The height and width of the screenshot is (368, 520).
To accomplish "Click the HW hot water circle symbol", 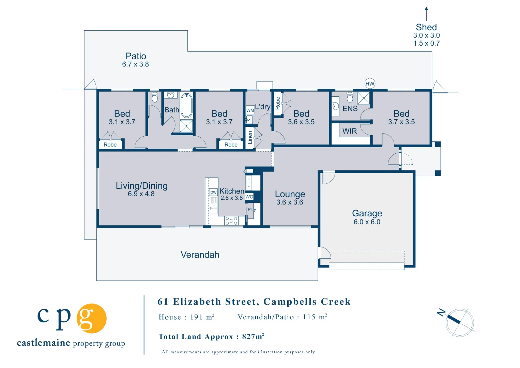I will click(x=370, y=83).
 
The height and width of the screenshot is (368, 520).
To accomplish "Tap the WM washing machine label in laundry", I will click(x=250, y=110).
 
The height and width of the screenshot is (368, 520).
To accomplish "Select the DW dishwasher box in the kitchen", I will click(x=213, y=192).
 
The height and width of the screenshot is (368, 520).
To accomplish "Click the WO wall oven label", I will click(x=249, y=197).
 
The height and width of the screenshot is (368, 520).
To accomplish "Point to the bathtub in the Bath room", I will click(x=186, y=105).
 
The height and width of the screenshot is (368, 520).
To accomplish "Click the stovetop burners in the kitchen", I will click(x=231, y=221).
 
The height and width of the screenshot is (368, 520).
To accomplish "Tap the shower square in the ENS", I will click(x=364, y=98).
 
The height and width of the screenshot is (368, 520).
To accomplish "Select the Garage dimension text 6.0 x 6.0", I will click(x=367, y=222).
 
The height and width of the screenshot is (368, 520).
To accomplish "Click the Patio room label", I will click(x=136, y=56).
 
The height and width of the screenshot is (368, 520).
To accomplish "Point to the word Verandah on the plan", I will click(x=200, y=255).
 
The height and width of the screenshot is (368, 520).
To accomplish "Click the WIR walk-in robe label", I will click(x=349, y=131).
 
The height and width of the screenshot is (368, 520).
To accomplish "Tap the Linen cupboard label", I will click(x=250, y=138).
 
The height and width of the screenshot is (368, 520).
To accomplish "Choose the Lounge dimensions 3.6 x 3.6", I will click(x=290, y=202).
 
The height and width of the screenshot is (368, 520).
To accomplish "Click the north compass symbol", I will click(x=459, y=322).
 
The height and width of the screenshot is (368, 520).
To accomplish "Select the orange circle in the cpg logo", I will click(x=92, y=318).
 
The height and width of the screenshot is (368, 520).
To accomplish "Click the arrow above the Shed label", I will click(x=426, y=14).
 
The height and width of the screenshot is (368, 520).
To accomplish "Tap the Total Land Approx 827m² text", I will click(x=211, y=337).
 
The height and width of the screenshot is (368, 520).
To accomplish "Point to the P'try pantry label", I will click(x=251, y=210).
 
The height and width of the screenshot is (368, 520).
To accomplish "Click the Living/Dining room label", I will click(x=141, y=186).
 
